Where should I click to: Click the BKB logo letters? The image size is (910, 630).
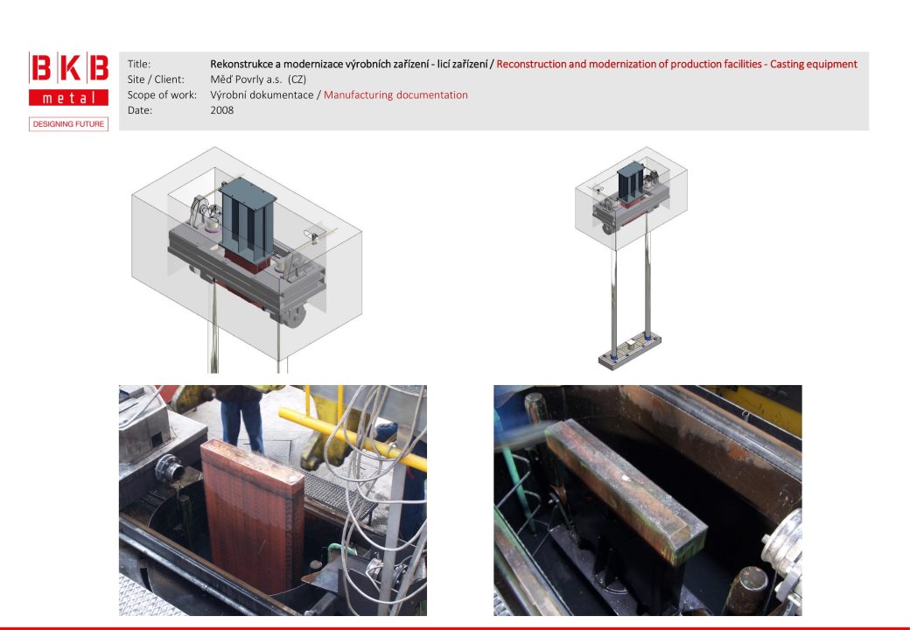(68, 68)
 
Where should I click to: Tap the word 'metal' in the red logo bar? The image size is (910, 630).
(68, 98)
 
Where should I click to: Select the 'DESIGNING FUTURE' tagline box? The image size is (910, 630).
(68, 124)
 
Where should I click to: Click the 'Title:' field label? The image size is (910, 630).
(139, 64)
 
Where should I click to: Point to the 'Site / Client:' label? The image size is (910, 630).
(156, 80)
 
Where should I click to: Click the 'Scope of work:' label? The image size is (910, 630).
(162, 95)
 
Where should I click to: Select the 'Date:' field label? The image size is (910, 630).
(140, 110)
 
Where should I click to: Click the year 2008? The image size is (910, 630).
(221, 110)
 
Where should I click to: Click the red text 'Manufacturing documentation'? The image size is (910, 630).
(395, 95)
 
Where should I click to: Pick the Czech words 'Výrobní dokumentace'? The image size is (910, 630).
(262, 95)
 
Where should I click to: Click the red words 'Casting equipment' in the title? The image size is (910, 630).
(814, 64)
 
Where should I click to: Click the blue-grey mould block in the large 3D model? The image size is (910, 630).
(248, 218)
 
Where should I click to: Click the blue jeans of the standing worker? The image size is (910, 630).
(242, 423)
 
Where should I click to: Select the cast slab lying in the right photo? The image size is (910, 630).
(625, 490)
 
